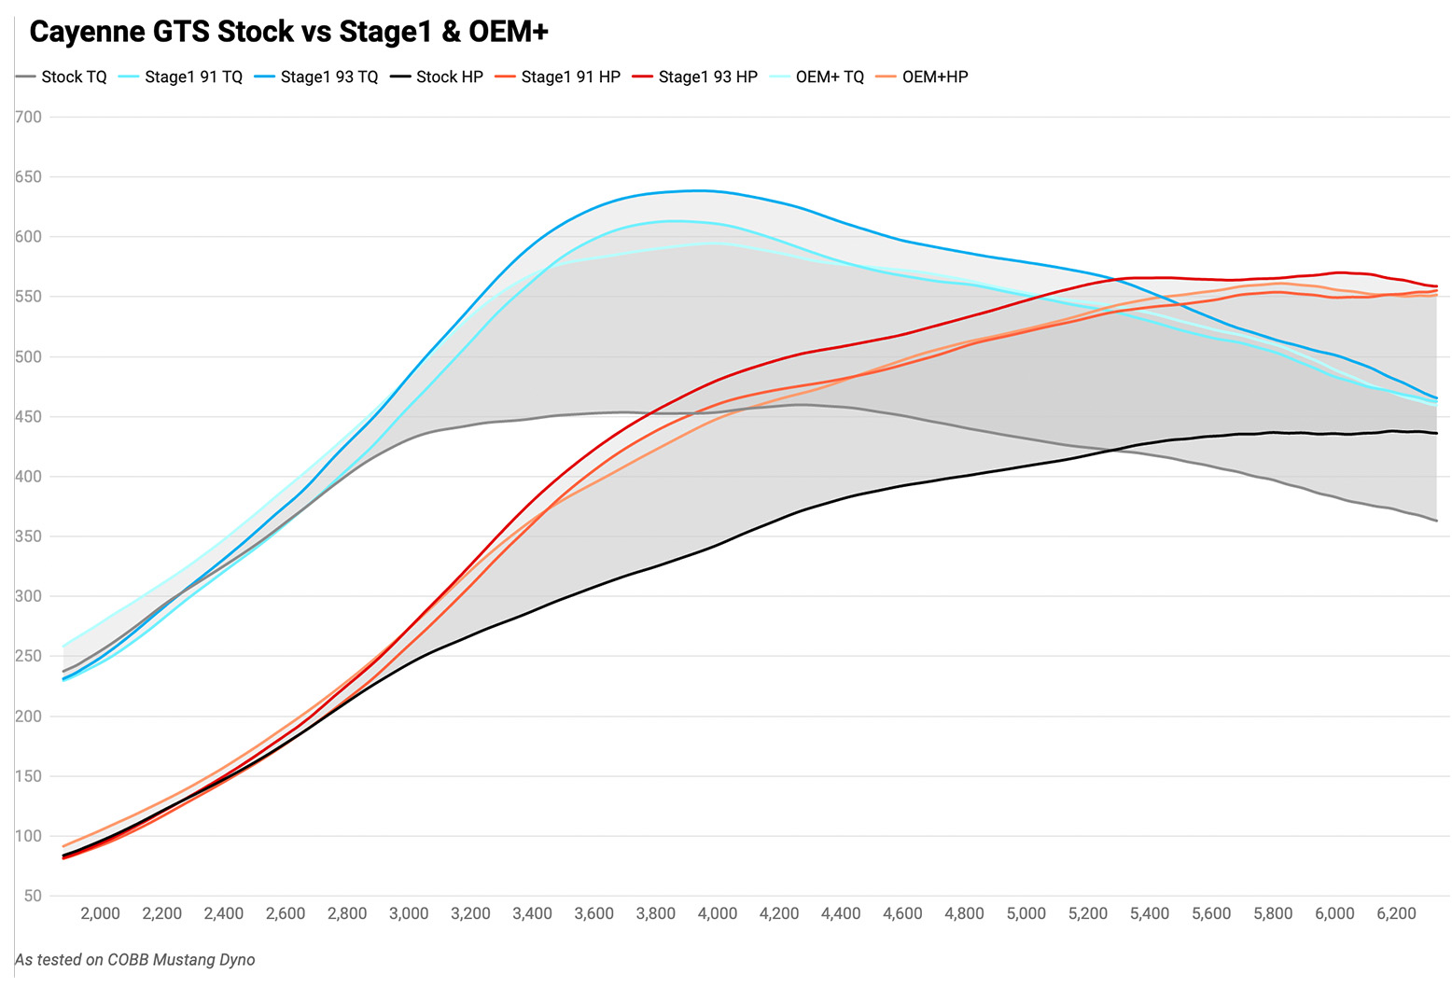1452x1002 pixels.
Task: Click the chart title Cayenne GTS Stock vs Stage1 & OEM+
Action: (x=288, y=32)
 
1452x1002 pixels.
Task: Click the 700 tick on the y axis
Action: (x=29, y=118)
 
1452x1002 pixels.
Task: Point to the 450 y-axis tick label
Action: (x=29, y=417)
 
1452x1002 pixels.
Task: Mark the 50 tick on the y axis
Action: (x=34, y=897)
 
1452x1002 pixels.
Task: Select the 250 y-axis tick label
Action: (x=29, y=657)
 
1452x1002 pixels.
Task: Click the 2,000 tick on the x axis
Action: (x=100, y=914)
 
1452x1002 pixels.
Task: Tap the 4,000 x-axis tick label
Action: (x=717, y=914)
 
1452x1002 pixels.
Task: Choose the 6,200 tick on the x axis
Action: (x=1396, y=914)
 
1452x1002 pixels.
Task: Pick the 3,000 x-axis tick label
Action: (x=409, y=914)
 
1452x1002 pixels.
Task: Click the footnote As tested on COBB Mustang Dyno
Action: (x=134, y=960)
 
